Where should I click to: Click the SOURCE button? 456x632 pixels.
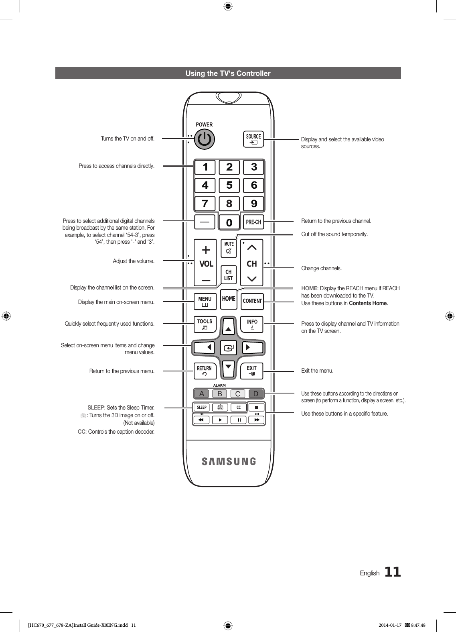253,139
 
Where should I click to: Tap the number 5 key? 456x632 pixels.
229,186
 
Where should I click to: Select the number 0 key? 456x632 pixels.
229,222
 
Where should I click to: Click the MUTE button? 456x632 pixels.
229,248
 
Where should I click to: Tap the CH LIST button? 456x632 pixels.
229,275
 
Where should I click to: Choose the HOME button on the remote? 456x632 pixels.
229,299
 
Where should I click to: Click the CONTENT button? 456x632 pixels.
252,301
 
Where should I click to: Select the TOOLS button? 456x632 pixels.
205,324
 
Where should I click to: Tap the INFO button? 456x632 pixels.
252,324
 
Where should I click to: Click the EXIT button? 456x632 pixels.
251,371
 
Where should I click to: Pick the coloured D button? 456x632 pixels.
256,394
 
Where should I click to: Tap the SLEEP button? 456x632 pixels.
202,408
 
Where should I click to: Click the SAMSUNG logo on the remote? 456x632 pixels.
229,461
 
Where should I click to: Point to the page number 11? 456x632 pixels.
393,572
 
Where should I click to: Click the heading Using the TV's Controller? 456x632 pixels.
228,73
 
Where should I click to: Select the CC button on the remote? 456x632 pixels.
239,408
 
